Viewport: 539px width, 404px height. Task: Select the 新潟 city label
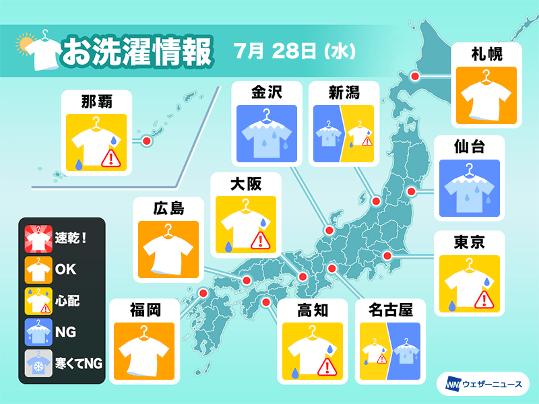344,92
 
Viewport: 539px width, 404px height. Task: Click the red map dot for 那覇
146,141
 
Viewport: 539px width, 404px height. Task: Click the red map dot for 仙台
412,192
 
